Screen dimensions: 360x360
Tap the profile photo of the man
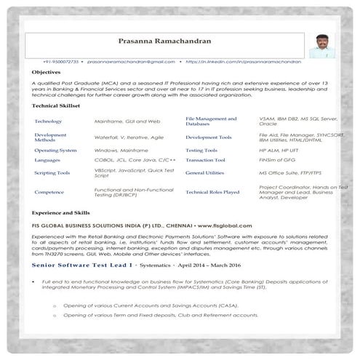click(321, 44)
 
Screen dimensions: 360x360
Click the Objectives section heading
click(47, 73)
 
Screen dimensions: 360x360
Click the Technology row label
click(48, 121)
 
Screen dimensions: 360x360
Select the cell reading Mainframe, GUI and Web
click(127, 121)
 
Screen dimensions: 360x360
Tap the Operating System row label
click(55, 149)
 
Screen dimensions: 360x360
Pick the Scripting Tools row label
click(52, 173)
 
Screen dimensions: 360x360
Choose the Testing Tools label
click(201, 149)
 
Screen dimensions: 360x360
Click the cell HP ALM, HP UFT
click(279, 149)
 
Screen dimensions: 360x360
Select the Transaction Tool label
click(206, 159)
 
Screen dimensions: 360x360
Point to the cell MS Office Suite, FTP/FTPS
click(291, 173)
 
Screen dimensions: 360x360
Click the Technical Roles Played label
click(212, 192)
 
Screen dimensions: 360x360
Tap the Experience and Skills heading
click(63, 212)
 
